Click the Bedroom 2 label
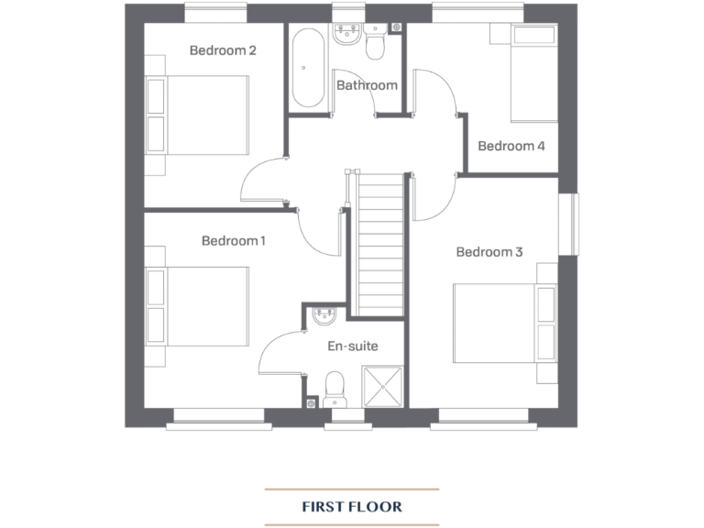click(223, 50)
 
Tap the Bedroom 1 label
click(234, 241)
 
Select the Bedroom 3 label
click(489, 252)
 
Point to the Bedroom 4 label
click(511, 146)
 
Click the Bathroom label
click(367, 85)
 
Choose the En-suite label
click(353, 346)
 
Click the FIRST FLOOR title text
click(352, 506)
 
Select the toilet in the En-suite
click(335, 387)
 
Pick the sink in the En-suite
click(326, 317)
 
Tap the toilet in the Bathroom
click(375, 41)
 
